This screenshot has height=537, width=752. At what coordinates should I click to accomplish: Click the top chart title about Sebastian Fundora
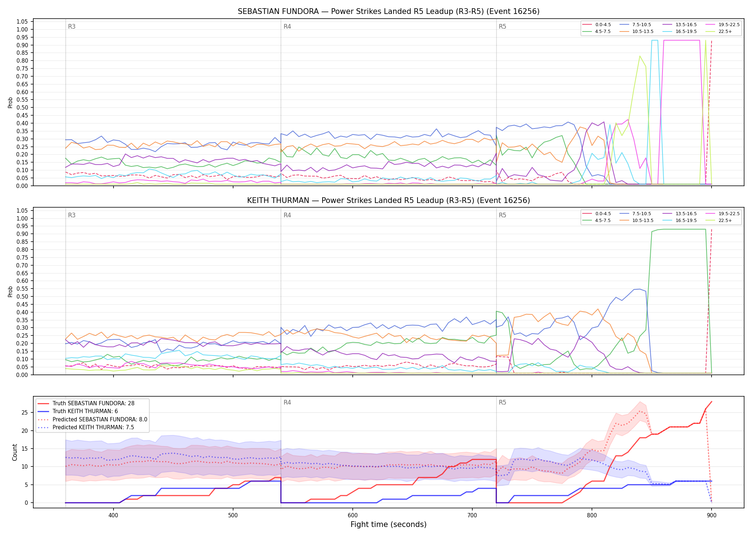tap(389, 11)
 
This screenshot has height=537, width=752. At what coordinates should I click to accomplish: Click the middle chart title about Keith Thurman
tap(389, 200)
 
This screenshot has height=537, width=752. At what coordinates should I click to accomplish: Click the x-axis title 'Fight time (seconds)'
tap(389, 524)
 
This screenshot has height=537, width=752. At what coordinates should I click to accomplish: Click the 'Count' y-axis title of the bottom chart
tap(15, 452)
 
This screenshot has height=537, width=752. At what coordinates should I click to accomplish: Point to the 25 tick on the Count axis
tap(25, 412)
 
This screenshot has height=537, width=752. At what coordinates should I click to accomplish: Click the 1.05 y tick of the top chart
tap(22, 22)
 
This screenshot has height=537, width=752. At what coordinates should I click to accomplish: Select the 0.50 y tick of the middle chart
tap(22, 296)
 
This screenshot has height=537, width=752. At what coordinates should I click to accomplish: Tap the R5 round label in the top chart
tap(502, 26)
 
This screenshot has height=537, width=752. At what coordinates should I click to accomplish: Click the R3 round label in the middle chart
tap(72, 215)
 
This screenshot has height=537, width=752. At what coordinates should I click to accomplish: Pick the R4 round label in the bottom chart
tap(287, 402)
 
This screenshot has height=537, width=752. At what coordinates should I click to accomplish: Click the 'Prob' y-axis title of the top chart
tap(10, 103)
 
